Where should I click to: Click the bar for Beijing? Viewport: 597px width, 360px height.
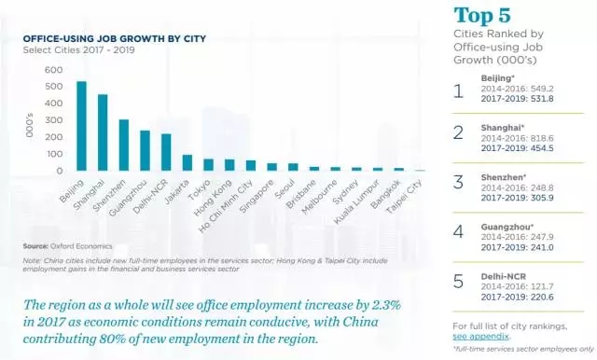(81, 126)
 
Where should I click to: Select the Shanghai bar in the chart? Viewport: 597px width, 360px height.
(103, 132)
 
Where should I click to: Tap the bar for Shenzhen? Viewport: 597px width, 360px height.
(124, 145)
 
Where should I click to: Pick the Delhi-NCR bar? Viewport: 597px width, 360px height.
(166, 152)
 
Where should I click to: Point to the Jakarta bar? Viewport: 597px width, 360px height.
(187, 162)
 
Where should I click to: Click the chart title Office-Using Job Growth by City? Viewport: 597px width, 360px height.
(115, 39)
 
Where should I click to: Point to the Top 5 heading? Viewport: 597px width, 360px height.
(484, 16)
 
